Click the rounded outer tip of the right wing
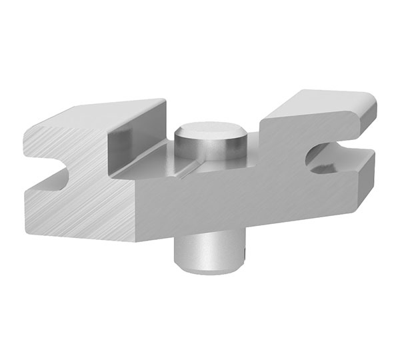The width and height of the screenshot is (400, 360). coord(369,107)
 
